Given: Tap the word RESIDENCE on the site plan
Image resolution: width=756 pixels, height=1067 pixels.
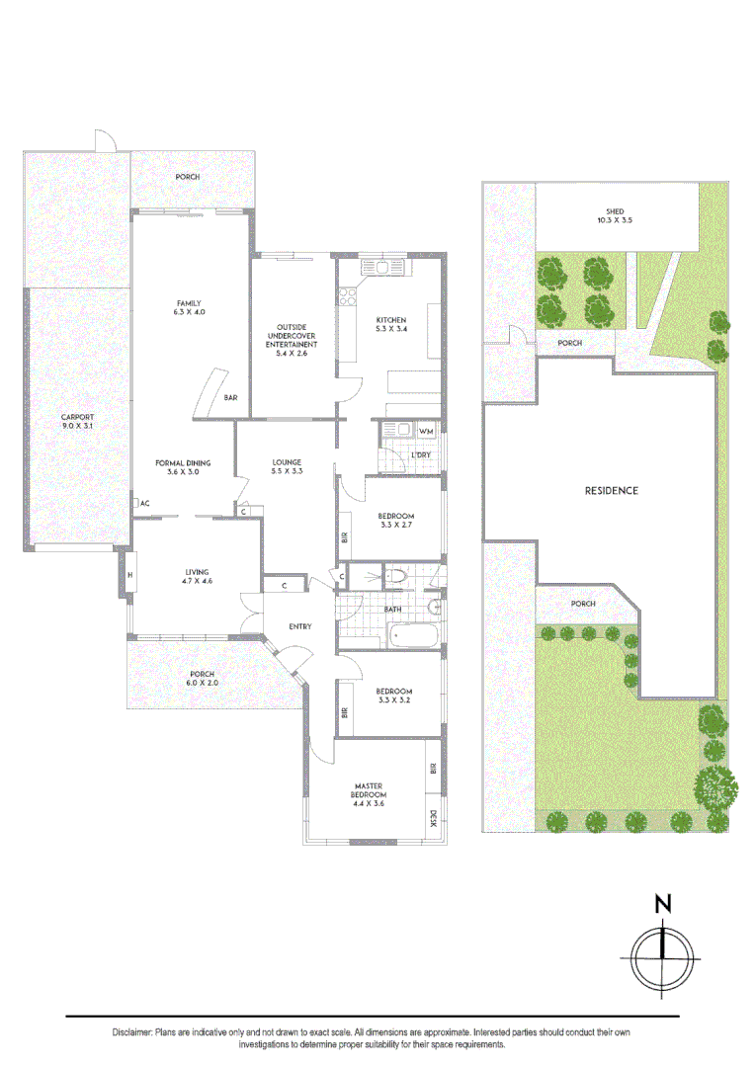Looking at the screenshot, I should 611,490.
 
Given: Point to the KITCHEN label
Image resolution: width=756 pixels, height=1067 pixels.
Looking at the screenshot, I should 391,320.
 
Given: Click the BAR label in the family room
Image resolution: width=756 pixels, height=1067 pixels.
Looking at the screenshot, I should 230,397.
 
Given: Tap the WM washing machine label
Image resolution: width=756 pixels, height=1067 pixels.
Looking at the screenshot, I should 426,432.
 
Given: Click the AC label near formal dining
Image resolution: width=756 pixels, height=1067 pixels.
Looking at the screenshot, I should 143,503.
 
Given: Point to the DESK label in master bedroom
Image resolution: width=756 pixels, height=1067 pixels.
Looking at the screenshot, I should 433,818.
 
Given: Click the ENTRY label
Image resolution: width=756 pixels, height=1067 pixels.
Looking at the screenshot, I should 299,626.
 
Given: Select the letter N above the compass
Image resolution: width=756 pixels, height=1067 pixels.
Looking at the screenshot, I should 663,903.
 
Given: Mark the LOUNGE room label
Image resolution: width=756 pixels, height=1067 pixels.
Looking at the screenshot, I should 287,462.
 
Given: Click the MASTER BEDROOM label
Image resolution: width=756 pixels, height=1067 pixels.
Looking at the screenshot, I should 370,790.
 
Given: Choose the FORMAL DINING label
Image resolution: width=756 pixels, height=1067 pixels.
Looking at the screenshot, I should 182,462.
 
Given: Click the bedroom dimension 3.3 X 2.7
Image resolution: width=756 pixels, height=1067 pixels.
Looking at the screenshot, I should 395,526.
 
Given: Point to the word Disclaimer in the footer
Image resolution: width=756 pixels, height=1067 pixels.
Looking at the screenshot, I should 132,1031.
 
